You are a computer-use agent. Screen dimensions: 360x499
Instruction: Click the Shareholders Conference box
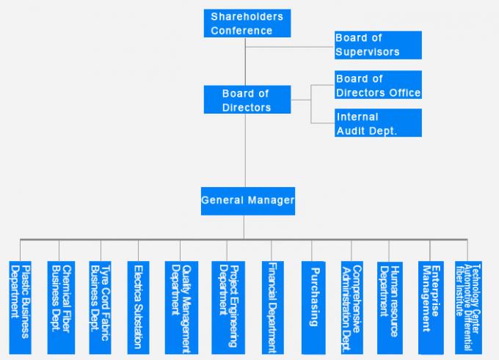(x=247, y=23)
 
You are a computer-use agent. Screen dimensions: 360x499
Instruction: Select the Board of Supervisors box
(x=377, y=45)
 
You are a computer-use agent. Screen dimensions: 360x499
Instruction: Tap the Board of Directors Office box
(x=377, y=85)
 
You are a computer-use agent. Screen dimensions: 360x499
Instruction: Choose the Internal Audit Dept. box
(x=377, y=122)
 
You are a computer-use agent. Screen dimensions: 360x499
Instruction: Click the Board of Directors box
(x=247, y=100)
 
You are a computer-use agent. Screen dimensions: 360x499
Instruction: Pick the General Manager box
(x=248, y=200)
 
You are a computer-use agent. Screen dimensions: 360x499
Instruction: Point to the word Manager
(x=272, y=200)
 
